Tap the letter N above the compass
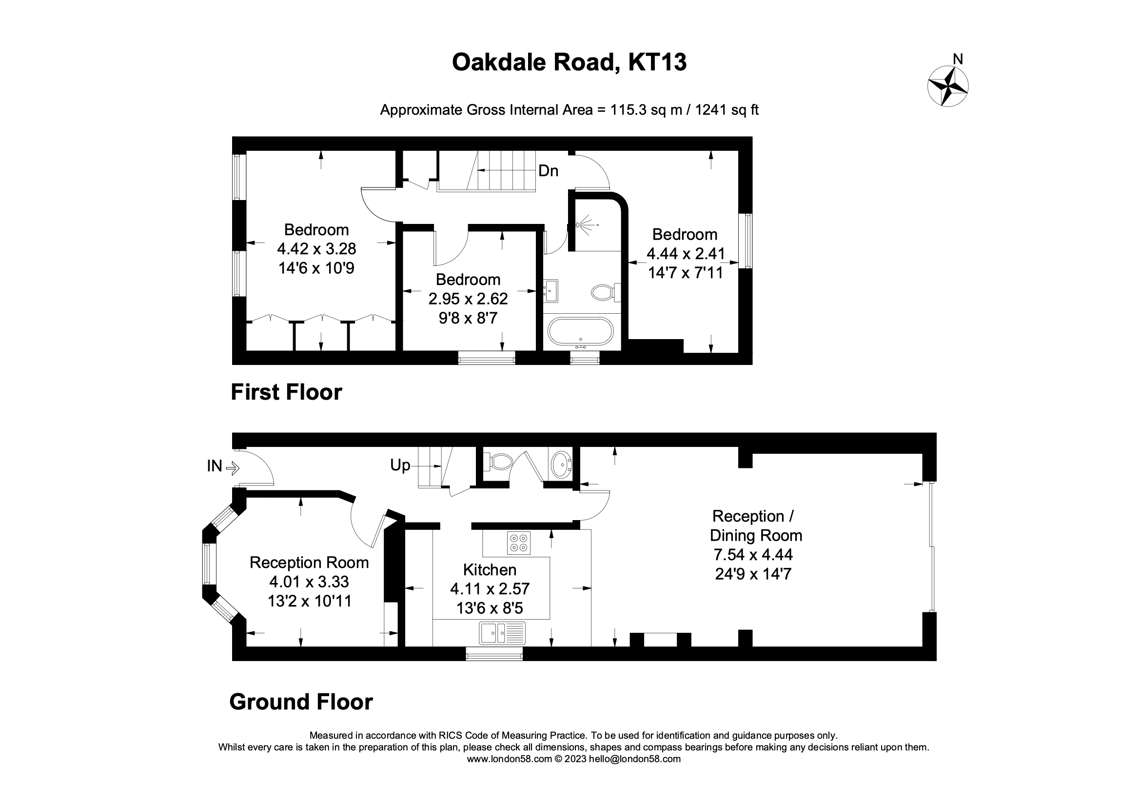pos(958,60)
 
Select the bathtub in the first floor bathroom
pos(580,331)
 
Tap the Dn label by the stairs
pos(548,171)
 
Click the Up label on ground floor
pos(400,465)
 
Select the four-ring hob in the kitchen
pos(518,543)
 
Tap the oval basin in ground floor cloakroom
pos(561,464)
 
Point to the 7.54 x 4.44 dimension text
pos(753,555)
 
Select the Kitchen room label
pos(490,569)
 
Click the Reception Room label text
pos(309,563)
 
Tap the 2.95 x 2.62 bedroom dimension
pos(468,299)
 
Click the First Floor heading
pos(286,392)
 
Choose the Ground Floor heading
pos(301,702)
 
